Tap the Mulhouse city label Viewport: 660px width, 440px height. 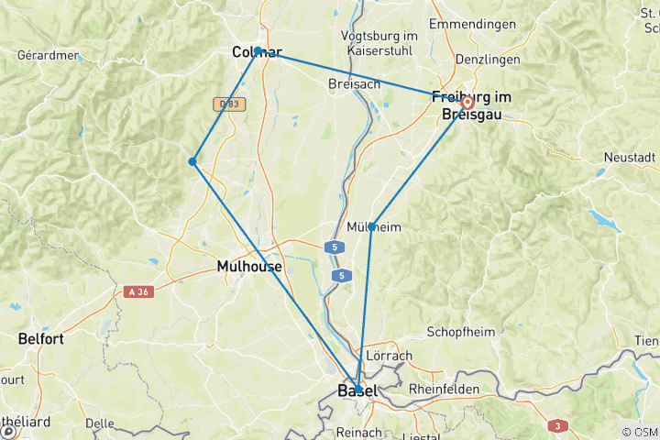249,267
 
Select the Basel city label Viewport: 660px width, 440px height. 357,392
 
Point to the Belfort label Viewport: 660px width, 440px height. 40,339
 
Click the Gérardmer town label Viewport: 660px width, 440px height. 48,55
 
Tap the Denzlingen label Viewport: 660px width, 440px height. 485,60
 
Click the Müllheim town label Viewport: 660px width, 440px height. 375,227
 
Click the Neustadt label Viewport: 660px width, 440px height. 630,158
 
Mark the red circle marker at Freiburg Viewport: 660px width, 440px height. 467,102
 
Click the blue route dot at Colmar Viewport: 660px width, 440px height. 258,50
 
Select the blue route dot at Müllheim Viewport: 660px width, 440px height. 371,226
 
